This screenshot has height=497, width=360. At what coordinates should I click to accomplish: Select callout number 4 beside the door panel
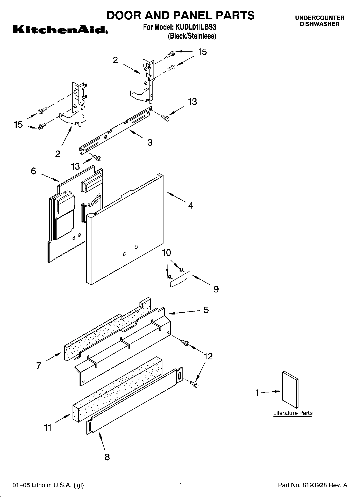tap(191, 206)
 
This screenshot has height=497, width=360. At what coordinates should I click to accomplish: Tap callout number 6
tap(33, 171)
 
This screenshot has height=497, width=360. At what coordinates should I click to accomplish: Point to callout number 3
tap(150, 142)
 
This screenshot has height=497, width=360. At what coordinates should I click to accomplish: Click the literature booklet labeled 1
tap(290, 390)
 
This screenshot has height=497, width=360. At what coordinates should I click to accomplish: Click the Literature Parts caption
tap(293, 413)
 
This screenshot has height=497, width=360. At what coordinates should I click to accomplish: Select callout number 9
tap(216, 289)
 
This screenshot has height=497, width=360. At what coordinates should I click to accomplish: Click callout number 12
tap(208, 356)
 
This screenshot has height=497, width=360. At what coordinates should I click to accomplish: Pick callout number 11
tap(48, 427)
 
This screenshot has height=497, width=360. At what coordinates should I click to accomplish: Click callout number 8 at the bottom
tap(107, 457)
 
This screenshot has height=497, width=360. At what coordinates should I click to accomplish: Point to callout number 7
tap(39, 366)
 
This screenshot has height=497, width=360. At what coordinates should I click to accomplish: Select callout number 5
tap(206, 310)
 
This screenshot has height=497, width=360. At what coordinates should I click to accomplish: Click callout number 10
tap(167, 253)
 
